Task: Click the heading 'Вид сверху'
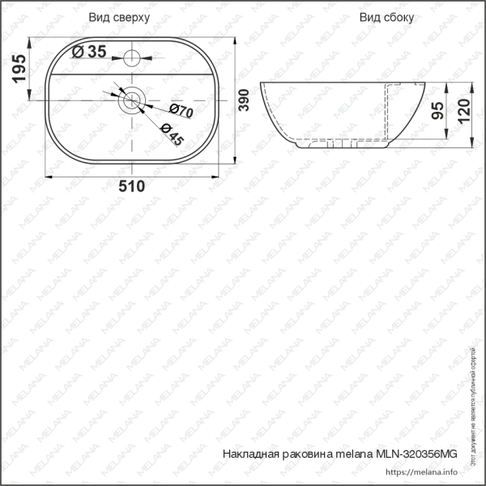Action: click(x=119, y=16)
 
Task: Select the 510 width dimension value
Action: click(x=131, y=187)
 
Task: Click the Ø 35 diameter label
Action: click(x=89, y=52)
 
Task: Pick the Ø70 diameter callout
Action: click(x=181, y=112)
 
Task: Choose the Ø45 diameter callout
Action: click(x=172, y=134)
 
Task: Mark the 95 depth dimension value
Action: click(x=438, y=111)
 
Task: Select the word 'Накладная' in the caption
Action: click(x=249, y=454)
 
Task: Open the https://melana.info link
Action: click(x=422, y=472)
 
